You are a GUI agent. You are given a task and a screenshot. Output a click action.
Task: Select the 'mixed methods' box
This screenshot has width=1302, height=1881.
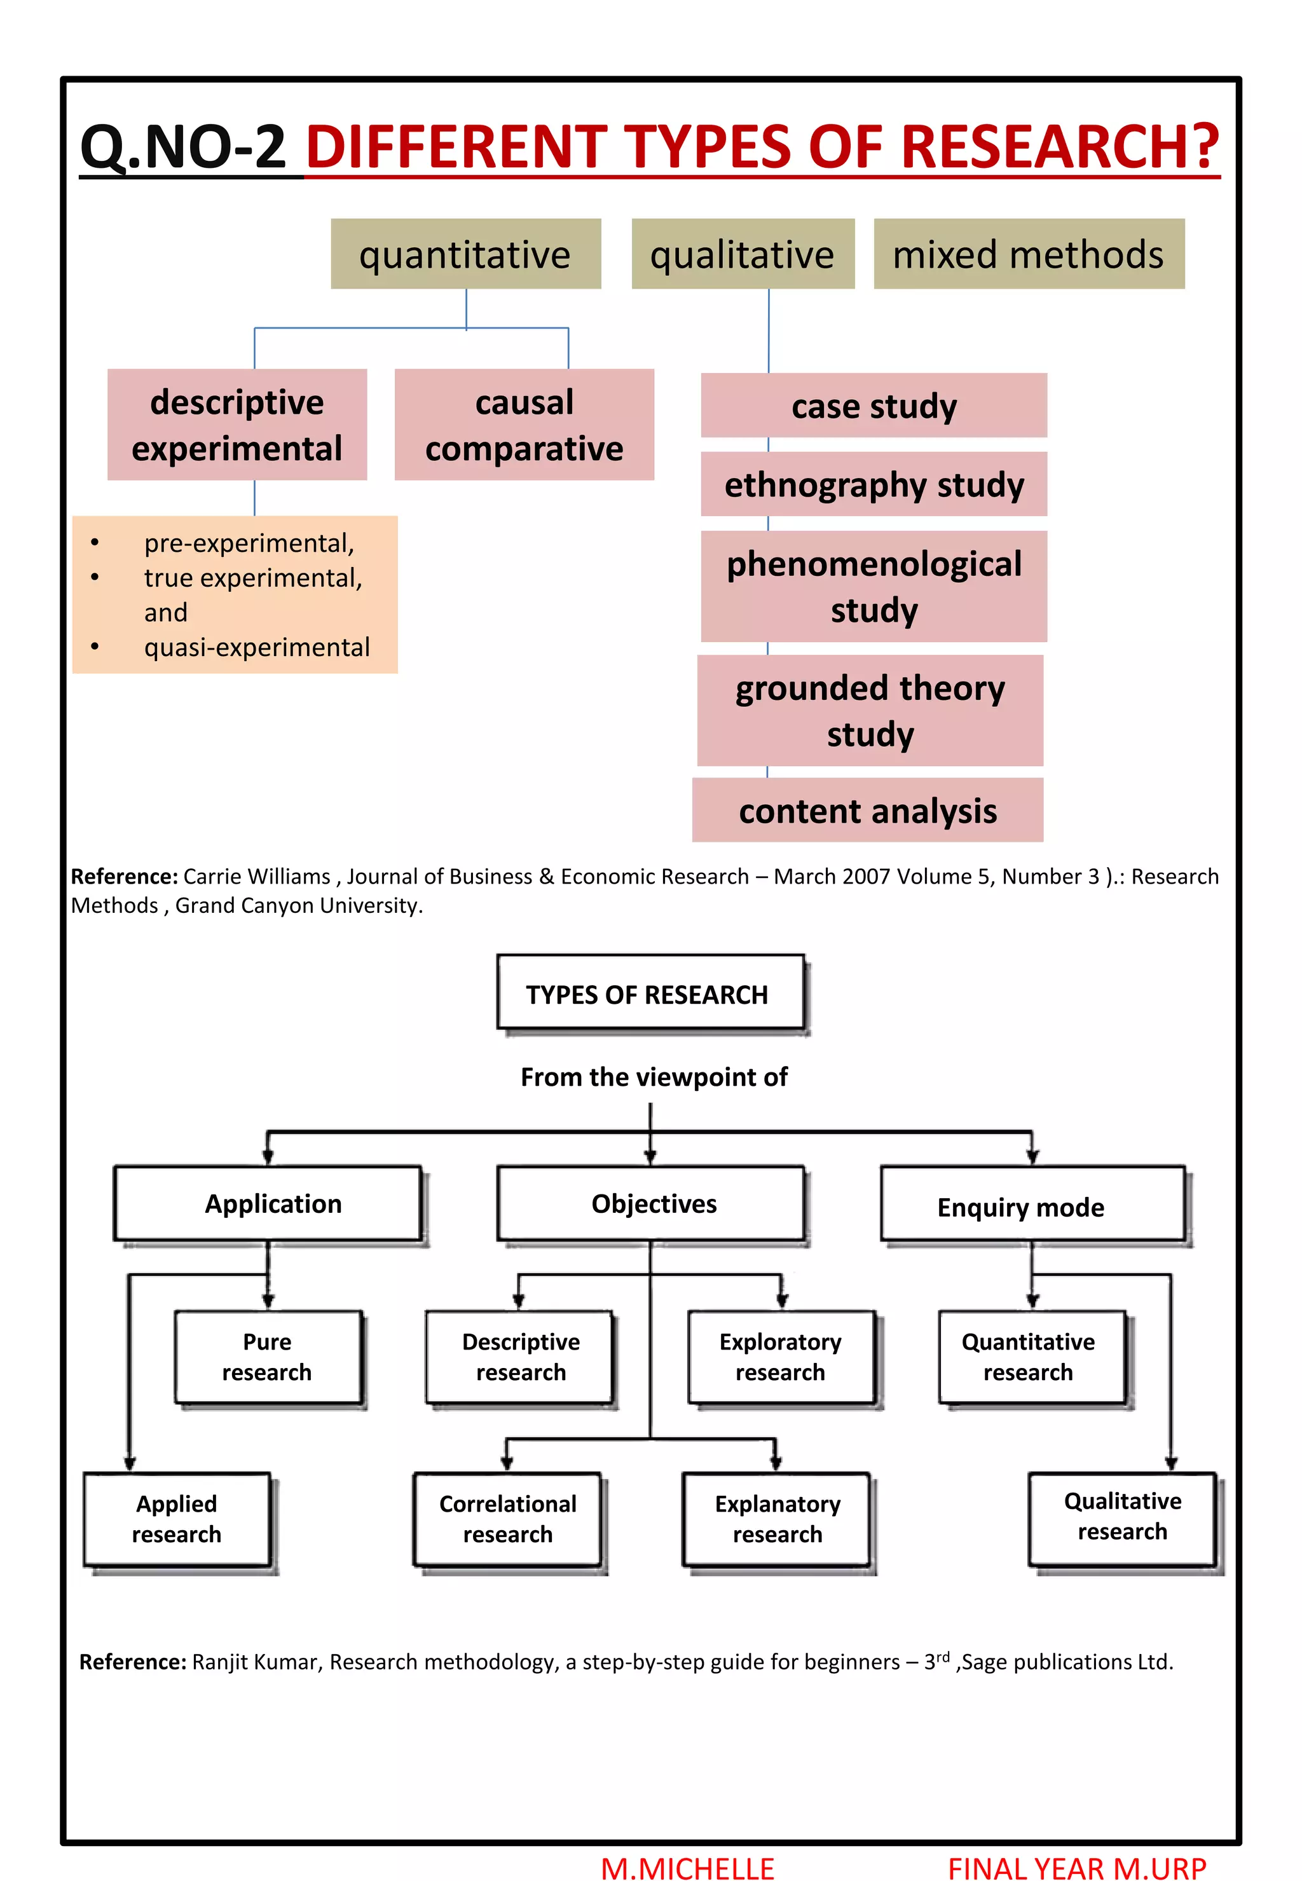pos(1028,254)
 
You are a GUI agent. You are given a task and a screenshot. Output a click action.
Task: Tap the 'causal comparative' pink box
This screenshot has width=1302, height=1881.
pos(524,425)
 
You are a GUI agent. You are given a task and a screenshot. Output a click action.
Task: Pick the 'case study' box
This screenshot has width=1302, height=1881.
pos(874,406)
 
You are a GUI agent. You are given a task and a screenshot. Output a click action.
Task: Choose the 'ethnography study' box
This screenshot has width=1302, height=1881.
pos(874,484)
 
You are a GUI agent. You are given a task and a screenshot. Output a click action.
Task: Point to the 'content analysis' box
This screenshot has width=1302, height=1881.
pos(867,811)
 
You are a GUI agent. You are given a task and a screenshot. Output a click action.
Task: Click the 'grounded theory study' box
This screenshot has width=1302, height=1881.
pos(870,711)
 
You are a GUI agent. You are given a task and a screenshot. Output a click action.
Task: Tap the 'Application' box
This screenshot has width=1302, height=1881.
pos(268,1203)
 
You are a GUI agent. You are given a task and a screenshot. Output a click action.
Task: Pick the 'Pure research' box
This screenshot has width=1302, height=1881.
pos(268,1357)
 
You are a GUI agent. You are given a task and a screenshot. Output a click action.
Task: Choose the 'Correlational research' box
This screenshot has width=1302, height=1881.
pos(507,1518)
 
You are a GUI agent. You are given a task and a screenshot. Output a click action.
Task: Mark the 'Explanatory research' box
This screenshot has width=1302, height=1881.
pos(777,1518)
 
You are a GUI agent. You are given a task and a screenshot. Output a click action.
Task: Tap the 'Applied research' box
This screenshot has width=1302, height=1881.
pos(177,1518)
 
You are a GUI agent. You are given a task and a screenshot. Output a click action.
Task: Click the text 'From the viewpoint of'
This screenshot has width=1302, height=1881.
pos(654,1077)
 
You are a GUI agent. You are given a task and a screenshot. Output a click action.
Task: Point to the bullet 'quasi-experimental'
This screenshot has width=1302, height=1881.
pos(256,647)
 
